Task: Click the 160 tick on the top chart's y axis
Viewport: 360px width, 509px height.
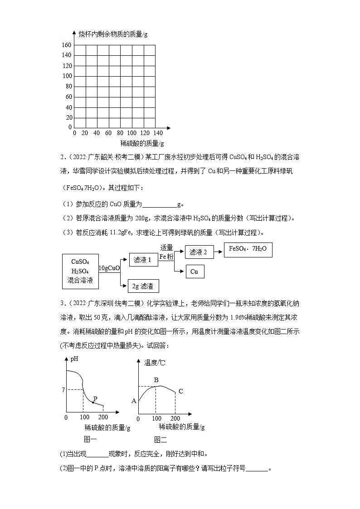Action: (x=67, y=45)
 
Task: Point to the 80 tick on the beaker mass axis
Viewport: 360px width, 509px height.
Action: (x=68, y=86)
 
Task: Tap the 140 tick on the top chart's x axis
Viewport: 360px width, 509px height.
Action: (x=157, y=133)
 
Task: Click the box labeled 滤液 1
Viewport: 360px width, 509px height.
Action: (x=142, y=260)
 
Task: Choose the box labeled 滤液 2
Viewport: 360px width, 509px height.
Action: (x=198, y=252)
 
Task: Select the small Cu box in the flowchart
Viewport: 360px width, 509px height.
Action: (x=195, y=271)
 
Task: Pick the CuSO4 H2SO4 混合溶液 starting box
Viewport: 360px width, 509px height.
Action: (x=80, y=271)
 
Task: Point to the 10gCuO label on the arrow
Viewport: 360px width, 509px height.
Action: (x=109, y=268)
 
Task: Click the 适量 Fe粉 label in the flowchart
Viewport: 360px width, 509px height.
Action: (x=166, y=252)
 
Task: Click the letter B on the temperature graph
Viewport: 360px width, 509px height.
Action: (x=156, y=380)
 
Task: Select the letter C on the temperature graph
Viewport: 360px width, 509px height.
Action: (x=180, y=391)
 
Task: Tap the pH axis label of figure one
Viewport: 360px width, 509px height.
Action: (x=74, y=359)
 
